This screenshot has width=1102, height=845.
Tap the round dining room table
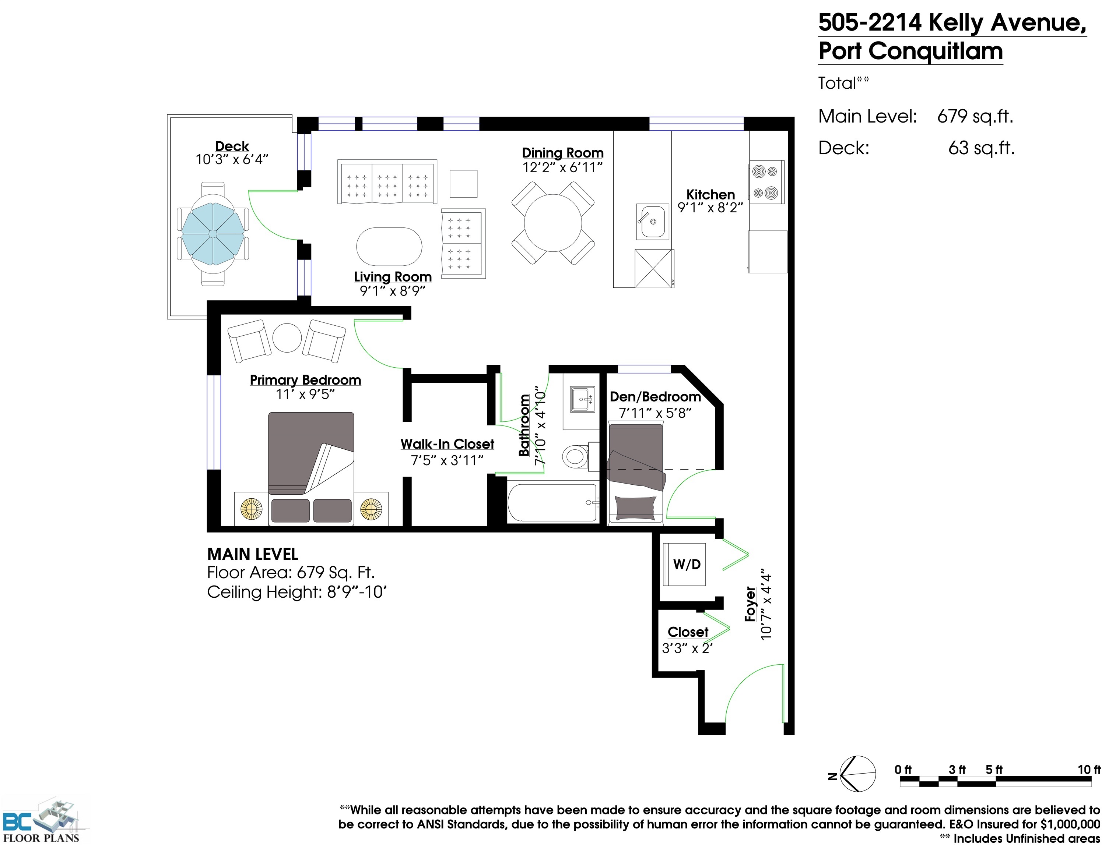(553, 223)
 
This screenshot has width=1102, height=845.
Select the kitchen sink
(652, 221)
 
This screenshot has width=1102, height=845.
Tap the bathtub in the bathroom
(552, 502)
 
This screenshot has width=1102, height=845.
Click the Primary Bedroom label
(306, 380)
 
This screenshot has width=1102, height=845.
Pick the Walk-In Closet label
(447, 443)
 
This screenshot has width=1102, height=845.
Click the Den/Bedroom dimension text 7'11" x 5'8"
(655, 413)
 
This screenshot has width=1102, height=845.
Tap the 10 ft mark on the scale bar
(1088, 770)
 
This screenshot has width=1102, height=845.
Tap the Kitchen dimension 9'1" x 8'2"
(710, 208)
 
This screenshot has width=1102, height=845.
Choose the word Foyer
(750, 604)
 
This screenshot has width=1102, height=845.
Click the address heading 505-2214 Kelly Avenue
(952, 23)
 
